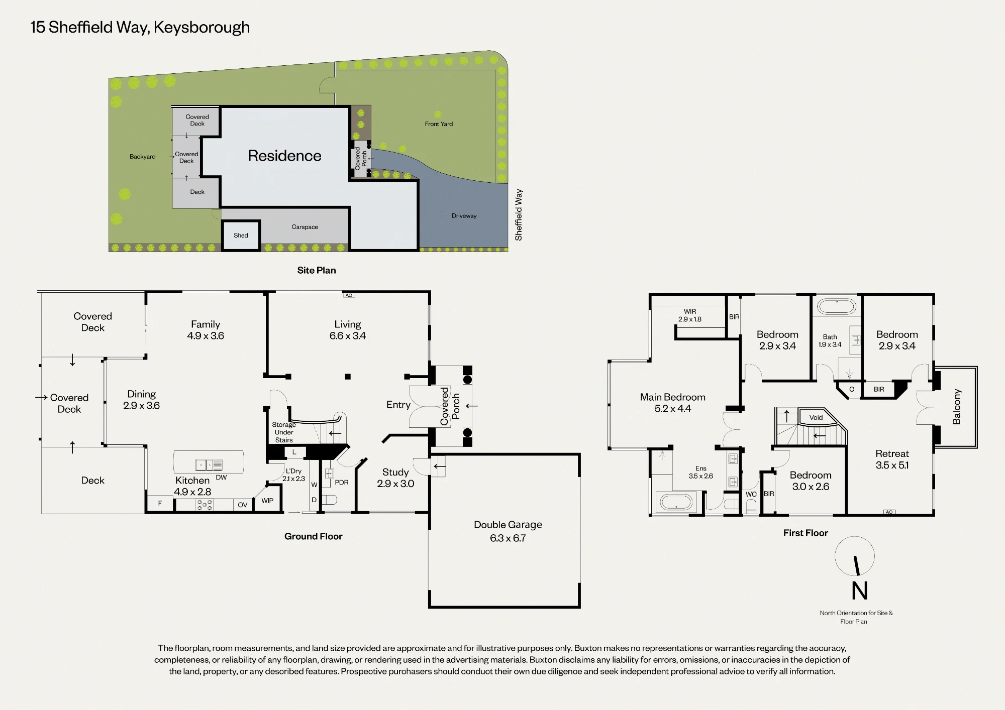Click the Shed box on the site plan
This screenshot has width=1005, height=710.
click(x=241, y=235)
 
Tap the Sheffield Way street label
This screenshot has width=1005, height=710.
click(x=519, y=215)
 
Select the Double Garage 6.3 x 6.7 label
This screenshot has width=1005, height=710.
click(x=508, y=531)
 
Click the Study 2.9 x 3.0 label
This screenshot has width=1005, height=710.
click(x=395, y=478)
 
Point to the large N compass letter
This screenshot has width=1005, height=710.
click(x=860, y=590)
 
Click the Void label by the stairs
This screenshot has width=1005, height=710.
click(x=816, y=417)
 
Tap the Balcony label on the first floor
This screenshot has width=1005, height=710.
click(x=956, y=407)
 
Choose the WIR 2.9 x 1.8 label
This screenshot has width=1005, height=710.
click(x=690, y=315)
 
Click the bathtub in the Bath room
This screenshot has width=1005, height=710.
click(x=836, y=306)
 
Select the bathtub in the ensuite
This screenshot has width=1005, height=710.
click(x=676, y=502)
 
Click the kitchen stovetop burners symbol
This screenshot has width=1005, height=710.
click(x=205, y=505)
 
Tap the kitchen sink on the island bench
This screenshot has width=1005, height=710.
click(x=209, y=465)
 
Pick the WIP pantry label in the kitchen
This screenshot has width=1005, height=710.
click(x=267, y=501)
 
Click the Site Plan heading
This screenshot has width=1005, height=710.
click(x=317, y=270)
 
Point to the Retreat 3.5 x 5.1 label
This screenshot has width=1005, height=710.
click(x=892, y=459)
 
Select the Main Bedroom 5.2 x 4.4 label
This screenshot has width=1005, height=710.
click(x=673, y=403)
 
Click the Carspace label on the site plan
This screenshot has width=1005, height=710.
click(x=305, y=227)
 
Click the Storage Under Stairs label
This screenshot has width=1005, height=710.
click(x=284, y=432)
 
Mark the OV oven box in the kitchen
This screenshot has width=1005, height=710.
click(x=243, y=505)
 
